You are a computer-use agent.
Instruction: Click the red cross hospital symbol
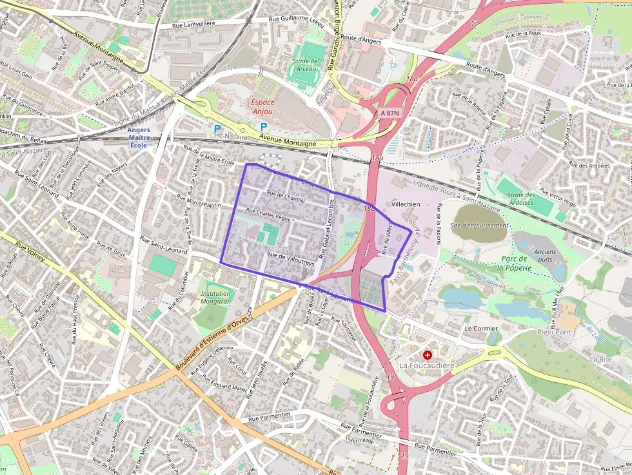[427, 354]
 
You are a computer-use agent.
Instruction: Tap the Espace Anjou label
[262, 107]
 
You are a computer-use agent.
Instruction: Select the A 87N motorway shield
[389, 113]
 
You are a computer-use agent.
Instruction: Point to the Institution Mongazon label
[215, 297]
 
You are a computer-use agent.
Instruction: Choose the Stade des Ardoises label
[520, 199]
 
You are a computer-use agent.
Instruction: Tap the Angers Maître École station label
[139, 137]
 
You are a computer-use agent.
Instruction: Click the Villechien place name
[406, 204]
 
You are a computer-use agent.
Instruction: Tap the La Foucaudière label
[427, 365]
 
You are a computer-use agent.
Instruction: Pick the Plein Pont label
[554, 332]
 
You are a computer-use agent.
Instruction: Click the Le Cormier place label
[481, 328]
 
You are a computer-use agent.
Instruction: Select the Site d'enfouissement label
[479, 226]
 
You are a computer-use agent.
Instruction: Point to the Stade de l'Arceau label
[304, 65]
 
